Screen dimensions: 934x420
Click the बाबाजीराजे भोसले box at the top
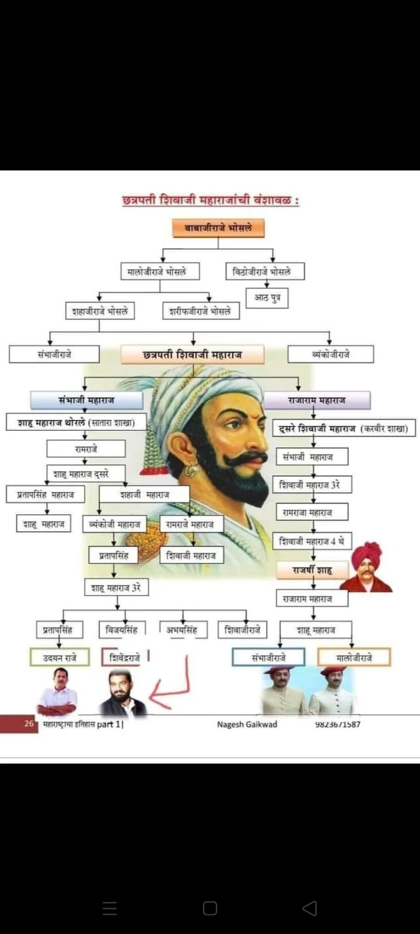(x=219, y=228)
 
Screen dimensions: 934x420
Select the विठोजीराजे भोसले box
(x=265, y=271)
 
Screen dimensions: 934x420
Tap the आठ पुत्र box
(x=267, y=298)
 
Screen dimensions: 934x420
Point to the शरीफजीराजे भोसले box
(x=200, y=311)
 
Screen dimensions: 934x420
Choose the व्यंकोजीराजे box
(x=330, y=354)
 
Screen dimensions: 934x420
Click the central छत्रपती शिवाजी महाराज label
(x=192, y=355)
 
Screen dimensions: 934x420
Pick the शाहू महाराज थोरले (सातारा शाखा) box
(x=76, y=422)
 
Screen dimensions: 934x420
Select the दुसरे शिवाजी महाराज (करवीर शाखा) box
(x=344, y=428)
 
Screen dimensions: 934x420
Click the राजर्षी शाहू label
(x=312, y=569)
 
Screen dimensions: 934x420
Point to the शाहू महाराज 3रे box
(x=116, y=587)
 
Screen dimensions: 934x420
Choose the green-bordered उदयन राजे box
(x=60, y=658)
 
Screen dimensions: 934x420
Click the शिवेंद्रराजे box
(x=125, y=658)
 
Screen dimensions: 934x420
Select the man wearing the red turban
(x=366, y=568)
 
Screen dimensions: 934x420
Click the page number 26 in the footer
(x=29, y=724)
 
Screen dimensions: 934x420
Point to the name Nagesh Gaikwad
(x=247, y=724)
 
